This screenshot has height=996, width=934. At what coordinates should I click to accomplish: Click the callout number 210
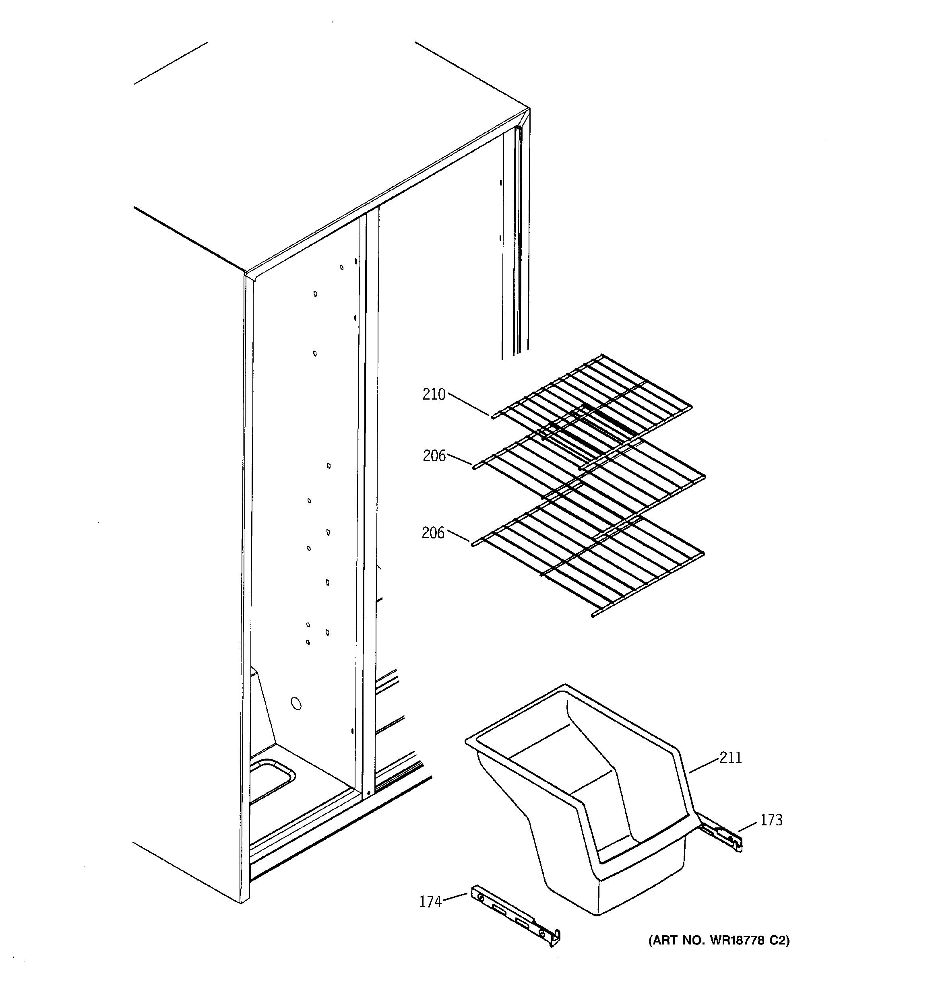(x=434, y=395)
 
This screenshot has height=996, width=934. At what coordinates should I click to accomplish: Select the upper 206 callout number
(x=434, y=456)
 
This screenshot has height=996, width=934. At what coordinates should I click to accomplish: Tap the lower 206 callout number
(x=433, y=533)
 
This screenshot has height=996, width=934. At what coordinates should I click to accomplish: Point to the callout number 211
(x=730, y=757)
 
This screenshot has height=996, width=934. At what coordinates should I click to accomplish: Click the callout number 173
(x=771, y=820)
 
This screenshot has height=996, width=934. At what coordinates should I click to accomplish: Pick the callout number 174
(x=430, y=902)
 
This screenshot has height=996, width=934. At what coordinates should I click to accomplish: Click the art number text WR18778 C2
(x=719, y=940)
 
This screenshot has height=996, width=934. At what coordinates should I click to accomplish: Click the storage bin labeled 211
(x=577, y=802)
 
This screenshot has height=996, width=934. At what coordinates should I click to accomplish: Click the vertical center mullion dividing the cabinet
(x=370, y=501)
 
